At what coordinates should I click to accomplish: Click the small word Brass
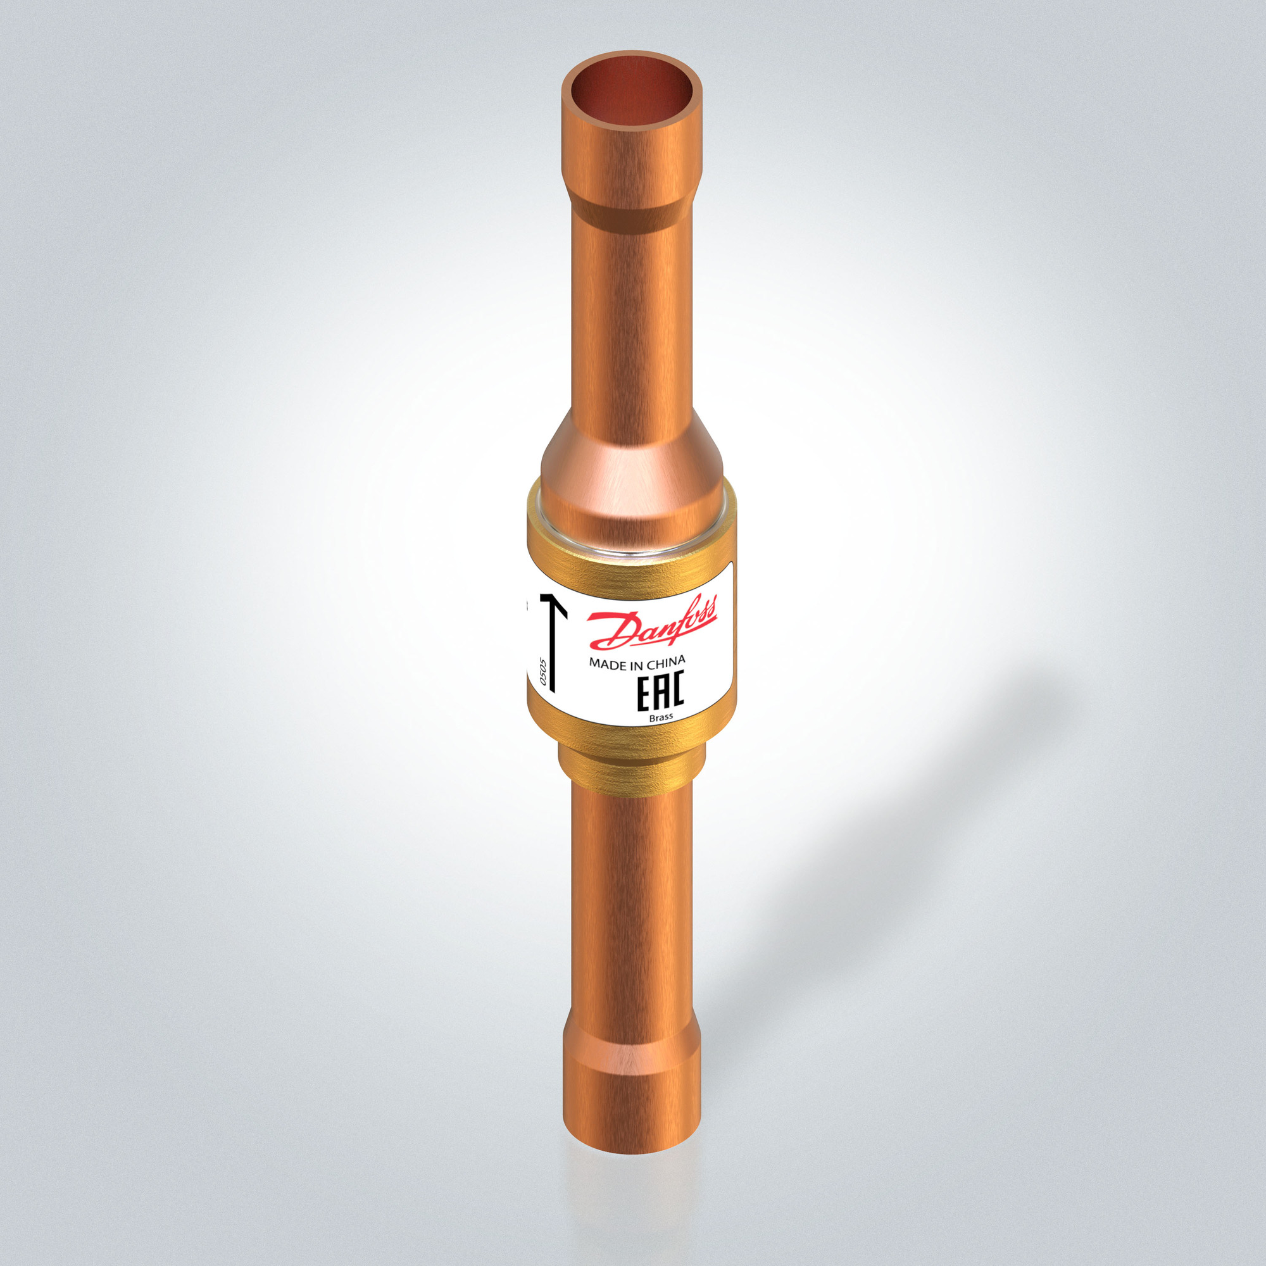(x=660, y=718)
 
